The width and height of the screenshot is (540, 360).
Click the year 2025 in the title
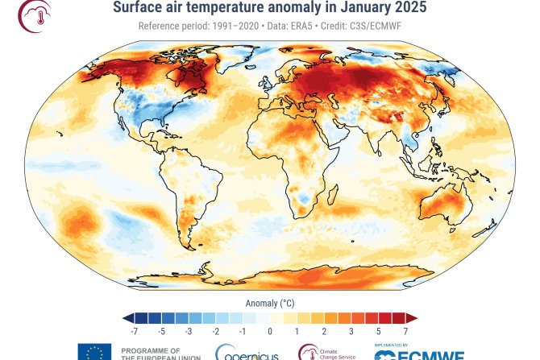(409, 8)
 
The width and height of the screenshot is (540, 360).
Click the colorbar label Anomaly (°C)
(269, 303)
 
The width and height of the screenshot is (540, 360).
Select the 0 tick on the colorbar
(269, 331)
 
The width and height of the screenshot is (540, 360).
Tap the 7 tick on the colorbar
(405, 331)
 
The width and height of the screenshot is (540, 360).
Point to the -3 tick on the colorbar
(189, 331)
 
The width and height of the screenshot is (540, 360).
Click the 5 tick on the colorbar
(378, 331)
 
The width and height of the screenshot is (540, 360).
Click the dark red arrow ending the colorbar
(411, 318)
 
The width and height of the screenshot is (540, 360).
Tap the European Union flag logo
(94, 352)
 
